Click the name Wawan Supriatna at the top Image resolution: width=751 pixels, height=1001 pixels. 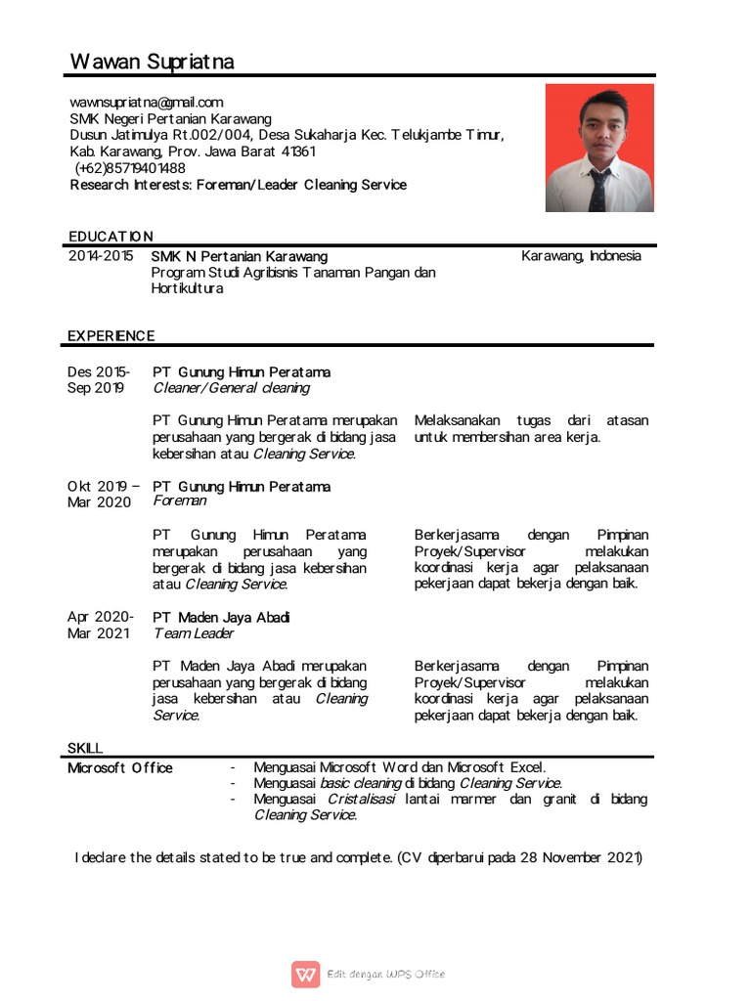point(152,63)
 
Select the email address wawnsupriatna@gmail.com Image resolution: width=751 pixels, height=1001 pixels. point(147,103)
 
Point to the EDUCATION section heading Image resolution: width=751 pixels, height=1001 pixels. point(110,237)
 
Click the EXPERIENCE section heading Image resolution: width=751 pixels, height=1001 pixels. point(110,336)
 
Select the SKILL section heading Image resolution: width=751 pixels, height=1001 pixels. point(85,748)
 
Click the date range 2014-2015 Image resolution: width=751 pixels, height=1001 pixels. point(100,256)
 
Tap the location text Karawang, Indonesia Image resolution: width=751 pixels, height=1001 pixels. point(581,256)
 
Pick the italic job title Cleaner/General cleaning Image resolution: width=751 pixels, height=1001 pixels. point(231,388)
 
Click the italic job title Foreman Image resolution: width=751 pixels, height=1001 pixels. point(180,500)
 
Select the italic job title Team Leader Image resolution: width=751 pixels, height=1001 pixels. point(194,633)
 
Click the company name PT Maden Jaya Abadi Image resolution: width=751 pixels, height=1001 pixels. point(221,618)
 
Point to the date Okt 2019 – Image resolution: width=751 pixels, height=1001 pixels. point(103,487)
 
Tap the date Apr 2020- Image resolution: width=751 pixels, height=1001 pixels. point(100,618)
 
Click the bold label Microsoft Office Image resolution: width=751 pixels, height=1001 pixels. point(119,768)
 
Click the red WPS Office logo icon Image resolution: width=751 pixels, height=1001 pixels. point(305,974)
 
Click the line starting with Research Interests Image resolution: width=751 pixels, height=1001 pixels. point(238,185)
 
